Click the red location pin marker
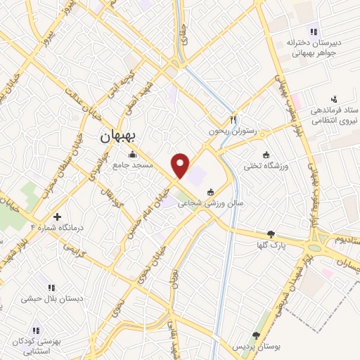(x=181, y=165)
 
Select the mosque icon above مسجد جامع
(x=131, y=155)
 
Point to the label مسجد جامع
(x=131, y=166)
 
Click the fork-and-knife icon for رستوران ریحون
(x=233, y=120)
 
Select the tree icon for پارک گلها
(x=271, y=234)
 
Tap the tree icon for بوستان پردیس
(x=257, y=336)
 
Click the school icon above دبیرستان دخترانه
(x=314, y=30)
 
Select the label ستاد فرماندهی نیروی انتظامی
(x=332, y=117)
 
